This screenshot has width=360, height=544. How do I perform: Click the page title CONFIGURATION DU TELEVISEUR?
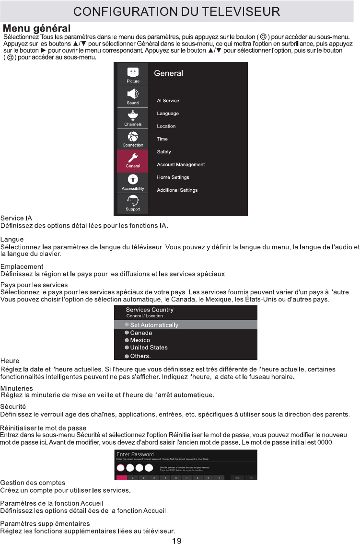pyautogui.click(x=180, y=11)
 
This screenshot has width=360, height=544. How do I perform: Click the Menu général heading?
pyautogui.click(x=37, y=29)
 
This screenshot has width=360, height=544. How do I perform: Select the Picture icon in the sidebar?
pyautogui.click(x=133, y=72)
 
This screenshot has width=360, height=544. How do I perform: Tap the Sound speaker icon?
pyautogui.click(x=133, y=94)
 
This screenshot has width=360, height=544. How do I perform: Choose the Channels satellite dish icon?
pyautogui.click(x=133, y=116)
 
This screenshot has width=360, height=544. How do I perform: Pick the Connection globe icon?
pyautogui.click(x=133, y=137)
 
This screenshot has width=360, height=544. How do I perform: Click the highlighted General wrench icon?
pyautogui.click(x=133, y=158)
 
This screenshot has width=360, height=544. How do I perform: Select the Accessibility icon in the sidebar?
pyautogui.click(x=133, y=179)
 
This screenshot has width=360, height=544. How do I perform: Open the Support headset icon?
pyautogui.click(x=133, y=200)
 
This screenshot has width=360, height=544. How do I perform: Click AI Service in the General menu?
pyautogui.click(x=168, y=101)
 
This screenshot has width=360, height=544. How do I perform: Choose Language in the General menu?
pyautogui.click(x=168, y=114)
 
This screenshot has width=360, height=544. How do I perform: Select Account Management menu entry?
pyautogui.click(x=181, y=164)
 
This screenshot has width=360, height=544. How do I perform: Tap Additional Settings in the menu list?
pyautogui.click(x=177, y=190)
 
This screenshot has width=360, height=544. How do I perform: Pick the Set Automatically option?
pyautogui.click(x=154, y=325)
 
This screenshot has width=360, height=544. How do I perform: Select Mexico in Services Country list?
pyautogui.click(x=140, y=340)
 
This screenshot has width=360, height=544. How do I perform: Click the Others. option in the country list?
pyautogui.click(x=140, y=356)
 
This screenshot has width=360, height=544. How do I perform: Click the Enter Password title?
pyautogui.click(x=135, y=454)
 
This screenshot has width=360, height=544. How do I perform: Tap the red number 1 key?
pyautogui.click(x=122, y=477)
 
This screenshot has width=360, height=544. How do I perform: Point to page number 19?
pyautogui.click(x=176, y=541)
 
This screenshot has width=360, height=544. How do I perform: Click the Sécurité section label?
pyautogui.click(x=13, y=406)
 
